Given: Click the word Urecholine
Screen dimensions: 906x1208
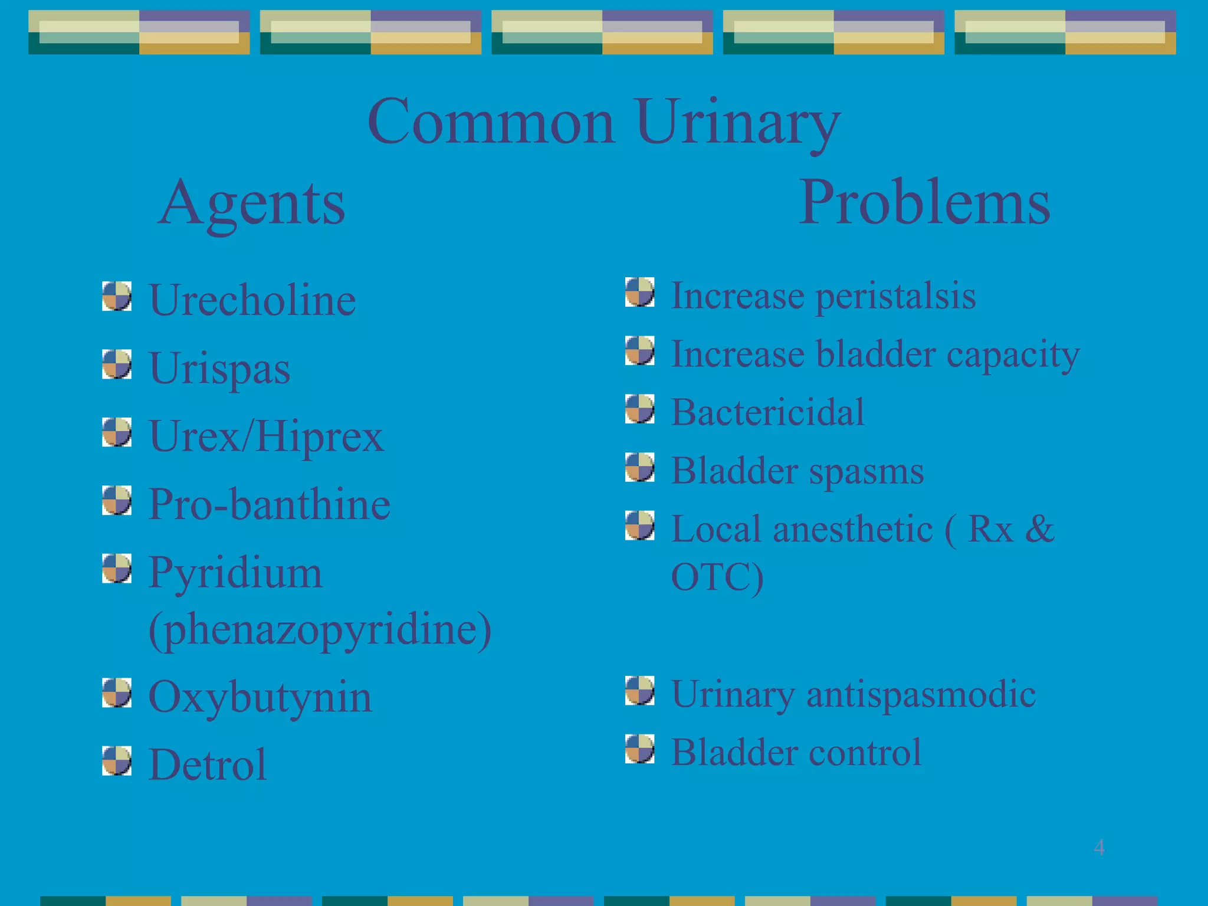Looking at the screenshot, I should (252, 300).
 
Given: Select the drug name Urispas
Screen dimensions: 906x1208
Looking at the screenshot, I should (219, 369).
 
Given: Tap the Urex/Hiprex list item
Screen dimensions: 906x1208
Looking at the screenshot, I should (266, 437).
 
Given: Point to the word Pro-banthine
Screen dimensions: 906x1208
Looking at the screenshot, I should (269, 505).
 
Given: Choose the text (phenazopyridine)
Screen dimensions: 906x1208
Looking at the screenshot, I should (320, 630).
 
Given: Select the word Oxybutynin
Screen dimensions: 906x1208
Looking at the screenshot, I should (260, 697).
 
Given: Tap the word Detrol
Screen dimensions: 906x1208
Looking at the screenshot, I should (208, 765).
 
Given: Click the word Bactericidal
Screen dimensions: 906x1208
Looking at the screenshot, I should (767, 412).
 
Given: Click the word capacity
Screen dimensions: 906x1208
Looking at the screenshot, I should (1013, 355).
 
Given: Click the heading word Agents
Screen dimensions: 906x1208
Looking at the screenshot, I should (252, 203).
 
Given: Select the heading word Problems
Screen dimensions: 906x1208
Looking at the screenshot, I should (924, 203).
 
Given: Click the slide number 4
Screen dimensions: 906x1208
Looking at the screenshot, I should (1099, 848).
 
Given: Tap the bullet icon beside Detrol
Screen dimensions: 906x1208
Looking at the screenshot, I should (116, 761).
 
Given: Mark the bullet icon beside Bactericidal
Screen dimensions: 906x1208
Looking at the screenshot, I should (639, 409).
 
